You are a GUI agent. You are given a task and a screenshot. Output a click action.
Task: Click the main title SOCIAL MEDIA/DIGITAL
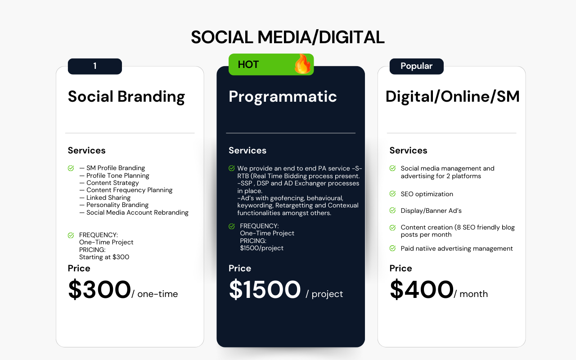[x=288, y=37]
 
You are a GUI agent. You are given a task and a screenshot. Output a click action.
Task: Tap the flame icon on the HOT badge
[x=303, y=64]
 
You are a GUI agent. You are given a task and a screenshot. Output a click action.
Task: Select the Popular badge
[x=416, y=66]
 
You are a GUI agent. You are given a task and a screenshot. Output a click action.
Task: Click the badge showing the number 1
[x=95, y=66]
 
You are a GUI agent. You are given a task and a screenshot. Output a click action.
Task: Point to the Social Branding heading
[x=126, y=97]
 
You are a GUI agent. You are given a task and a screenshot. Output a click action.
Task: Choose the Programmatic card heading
[x=283, y=97]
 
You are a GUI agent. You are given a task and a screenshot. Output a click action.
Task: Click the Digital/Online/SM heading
[x=453, y=97]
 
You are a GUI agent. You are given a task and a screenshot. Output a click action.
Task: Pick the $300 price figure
[x=99, y=289]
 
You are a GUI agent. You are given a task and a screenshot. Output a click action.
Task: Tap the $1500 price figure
[x=265, y=289]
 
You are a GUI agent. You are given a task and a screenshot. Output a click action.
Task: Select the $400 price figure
[x=422, y=289]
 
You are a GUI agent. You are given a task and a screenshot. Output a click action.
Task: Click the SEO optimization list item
[x=427, y=194]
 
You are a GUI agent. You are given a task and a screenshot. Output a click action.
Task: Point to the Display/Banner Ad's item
[x=431, y=211]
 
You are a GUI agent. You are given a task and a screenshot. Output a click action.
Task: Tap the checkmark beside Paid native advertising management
[x=393, y=248]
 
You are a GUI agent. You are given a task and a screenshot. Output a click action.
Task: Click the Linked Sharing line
[x=105, y=198]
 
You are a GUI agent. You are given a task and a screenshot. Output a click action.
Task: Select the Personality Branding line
[x=114, y=205]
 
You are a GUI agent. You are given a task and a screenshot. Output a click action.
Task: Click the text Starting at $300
[x=104, y=257]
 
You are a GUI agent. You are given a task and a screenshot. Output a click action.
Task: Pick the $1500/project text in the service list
[x=261, y=248]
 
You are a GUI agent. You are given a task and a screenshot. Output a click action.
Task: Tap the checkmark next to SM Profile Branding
[x=71, y=168]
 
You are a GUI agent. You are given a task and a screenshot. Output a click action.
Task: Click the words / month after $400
[x=471, y=294]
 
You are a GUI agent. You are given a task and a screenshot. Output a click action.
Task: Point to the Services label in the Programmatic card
[x=247, y=150]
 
